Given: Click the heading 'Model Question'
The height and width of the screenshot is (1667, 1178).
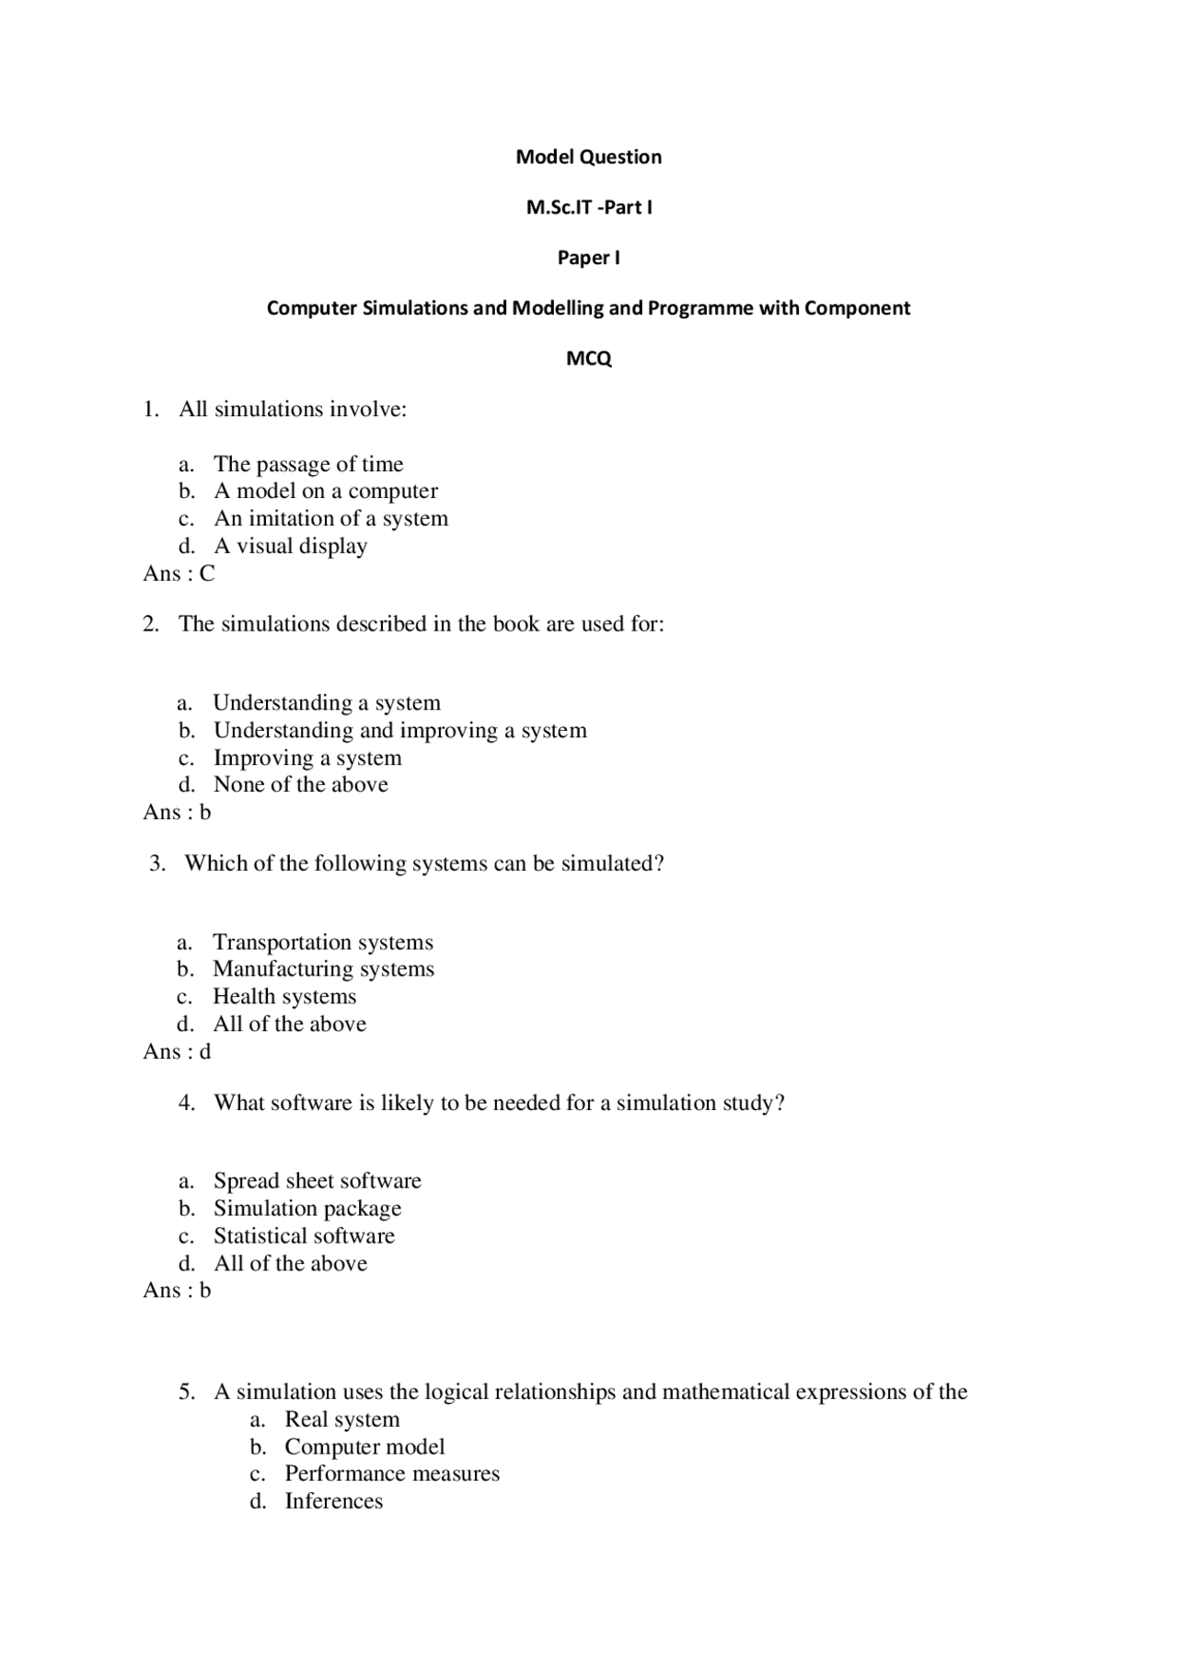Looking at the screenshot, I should pos(588,156).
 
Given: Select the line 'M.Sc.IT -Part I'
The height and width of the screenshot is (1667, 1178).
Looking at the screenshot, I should pos(588,207).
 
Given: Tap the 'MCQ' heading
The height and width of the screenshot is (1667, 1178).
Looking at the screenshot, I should pos(588,358).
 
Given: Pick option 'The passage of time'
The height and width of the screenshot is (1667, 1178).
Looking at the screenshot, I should pos(308,464).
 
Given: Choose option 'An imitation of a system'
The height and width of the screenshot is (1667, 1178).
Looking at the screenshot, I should pos(330,518).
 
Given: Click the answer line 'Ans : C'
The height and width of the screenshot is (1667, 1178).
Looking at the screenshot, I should pos(179,573).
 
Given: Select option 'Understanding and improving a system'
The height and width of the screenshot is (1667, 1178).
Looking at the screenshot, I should pos(399,730).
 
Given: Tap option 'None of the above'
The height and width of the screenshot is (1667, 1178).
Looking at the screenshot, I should pos(300,784).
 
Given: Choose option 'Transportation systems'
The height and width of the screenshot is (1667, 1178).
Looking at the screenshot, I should pos(322,942).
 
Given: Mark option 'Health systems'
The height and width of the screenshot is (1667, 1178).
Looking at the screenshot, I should pos(284,996).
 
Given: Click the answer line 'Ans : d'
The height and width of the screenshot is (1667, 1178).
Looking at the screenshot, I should pos(177,1051).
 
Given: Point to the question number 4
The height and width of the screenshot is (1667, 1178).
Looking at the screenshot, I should pos(187,1103).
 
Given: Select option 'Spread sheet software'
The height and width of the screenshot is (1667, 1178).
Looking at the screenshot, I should pos(317,1181).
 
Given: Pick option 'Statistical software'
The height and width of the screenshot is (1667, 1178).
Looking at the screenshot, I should pos(304,1235).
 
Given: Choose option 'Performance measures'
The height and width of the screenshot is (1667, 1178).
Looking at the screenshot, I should pos(391,1474).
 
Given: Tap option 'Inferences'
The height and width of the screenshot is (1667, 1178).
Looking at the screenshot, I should pos(333,1501).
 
